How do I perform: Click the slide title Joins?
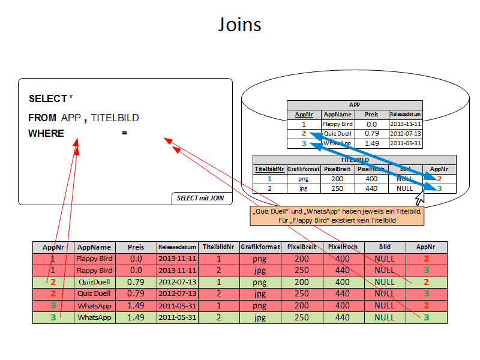pyautogui.click(x=240, y=25)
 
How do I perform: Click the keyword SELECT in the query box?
pyautogui.click(x=47, y=98)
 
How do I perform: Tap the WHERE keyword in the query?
pyautogui.click(x=46, y=133)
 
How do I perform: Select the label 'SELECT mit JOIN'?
pyautogui.click(x=202, y=197)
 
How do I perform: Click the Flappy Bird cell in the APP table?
pyautogui.click(x=338, y=124)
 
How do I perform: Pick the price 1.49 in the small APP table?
pyautogui.click(x=371, y=143)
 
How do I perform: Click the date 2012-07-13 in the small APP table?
pyautogui.click(x=406, y=134)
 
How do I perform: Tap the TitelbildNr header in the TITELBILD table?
pyautogui.click(x=269, y=169)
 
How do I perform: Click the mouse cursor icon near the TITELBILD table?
pyautogui.click(x=420, y=196)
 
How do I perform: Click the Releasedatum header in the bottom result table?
pyautogui.click(x=177, y=247)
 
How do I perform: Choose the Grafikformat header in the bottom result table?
pyautogui.click(x=260, y=247)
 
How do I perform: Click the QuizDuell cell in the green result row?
pyautogui.click(x=94, y=282)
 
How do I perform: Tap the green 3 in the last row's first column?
pyautogui.click(x=53, y=317)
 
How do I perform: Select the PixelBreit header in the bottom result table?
pyautogui.click(x=302, y=247)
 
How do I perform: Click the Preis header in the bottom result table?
pyautogui.click(x=136, y=247)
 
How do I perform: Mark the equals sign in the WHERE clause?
pyautogui.click(x=124, y=133)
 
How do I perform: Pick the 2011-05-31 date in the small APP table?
pyautogui.click(x=406, y=143)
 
